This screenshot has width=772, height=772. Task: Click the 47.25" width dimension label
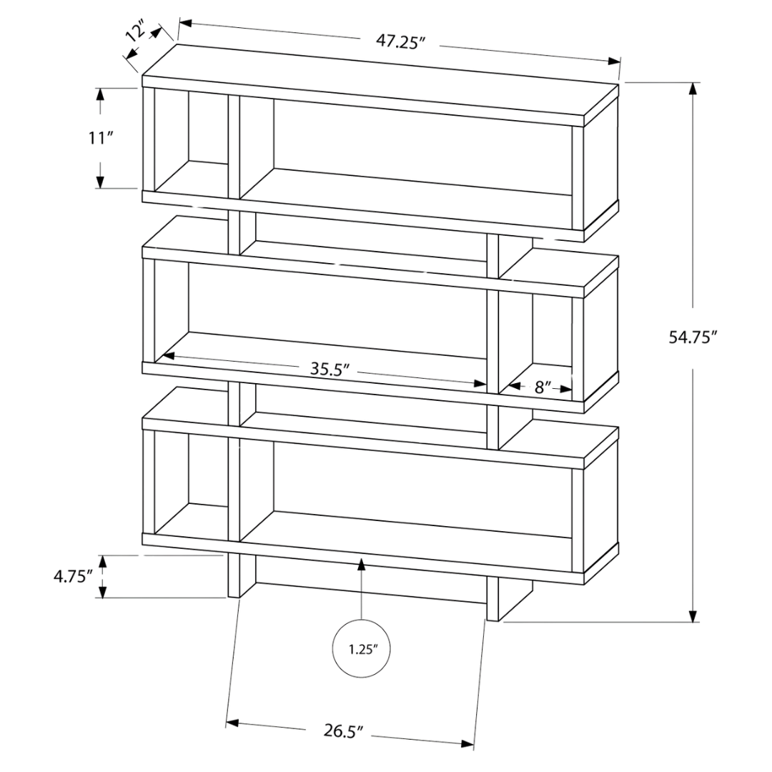pos(401,41)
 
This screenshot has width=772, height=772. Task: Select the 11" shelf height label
pos(101,138)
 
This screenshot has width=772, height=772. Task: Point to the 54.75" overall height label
pos(692,337)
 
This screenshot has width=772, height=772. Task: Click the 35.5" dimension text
pos(328,370)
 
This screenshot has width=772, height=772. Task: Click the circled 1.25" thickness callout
pos(360,649)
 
